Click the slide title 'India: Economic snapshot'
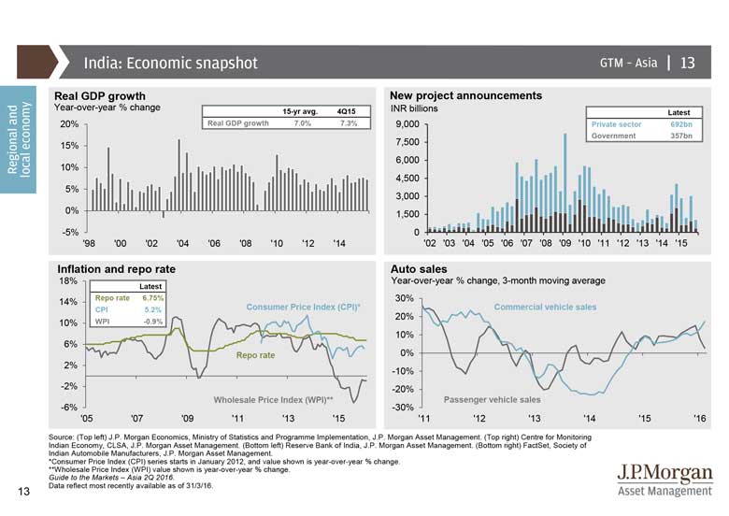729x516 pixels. pyautogui.click(x=170, y=64)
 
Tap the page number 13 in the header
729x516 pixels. pyautogui.click(x=688, y=64)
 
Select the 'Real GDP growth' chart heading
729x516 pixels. pyautogui.click(x=100, y=96)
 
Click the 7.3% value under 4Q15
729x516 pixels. pyautogui.click(x=348, y=123)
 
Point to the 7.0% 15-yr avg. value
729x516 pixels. pyautogui.click(x=302, y=123)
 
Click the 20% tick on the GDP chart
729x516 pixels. pyautogui.click(x=68, y=124)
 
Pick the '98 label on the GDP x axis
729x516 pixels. pyautogui.click(x=89, y=244)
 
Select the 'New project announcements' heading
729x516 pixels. pyautogui.click(x=465, y=96)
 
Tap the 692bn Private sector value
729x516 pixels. pyautogui.click(x=681, y=124)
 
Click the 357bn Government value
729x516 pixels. pyautogui.click(x=681, y=136)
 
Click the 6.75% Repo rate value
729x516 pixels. pyautogui.click(x=152, y=297)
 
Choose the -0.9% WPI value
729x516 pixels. pyautogui.click(x=152, y=322)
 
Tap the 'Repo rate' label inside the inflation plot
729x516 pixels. pyautogui.click(x=255, y=356)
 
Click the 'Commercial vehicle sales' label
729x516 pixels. pyautogui.click(x=545, y=307)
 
